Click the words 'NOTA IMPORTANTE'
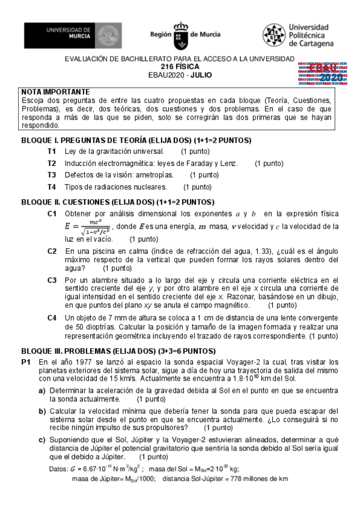[x=55, y=92]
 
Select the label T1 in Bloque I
[x=52, y=151]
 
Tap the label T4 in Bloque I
[x=52, y=187]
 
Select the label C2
[x=52, y=251]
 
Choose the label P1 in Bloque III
[x=26, y=362]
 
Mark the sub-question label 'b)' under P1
[x=43, y=411]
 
